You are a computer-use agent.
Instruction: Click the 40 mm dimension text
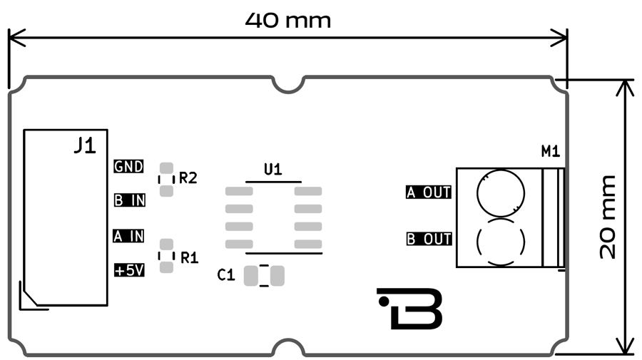tap(288, 20)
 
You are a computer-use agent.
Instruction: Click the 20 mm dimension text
tap(608, 216)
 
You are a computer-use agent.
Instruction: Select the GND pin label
tap(129, 167)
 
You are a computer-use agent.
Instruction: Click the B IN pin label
tap(130, 200)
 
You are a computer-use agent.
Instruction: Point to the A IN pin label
tap(129, 235)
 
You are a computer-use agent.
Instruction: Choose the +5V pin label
tap(129, 270)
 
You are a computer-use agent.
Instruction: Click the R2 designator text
tap(188, 178)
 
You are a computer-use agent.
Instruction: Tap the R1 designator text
tap(189, 257)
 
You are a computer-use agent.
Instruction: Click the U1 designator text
tap(273, 170)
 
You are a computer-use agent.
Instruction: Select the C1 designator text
tap(226, 275)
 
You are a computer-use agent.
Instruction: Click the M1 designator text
tap(551, 151)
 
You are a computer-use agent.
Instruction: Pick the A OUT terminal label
tap(429, 192)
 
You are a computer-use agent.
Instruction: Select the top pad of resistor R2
tap(166, 169)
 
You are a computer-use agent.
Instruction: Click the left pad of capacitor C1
tap(251, 275)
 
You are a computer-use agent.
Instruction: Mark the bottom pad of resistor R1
tap(166, 267)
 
